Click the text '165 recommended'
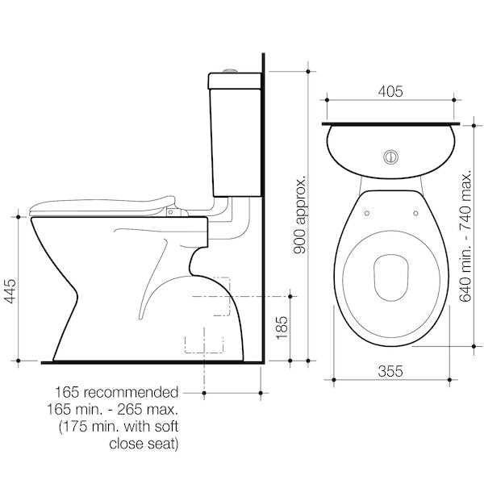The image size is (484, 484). pyautogui.click(x=122, y=393)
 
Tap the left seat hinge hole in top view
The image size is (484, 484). pyautogui.click(x=366, y=213)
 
